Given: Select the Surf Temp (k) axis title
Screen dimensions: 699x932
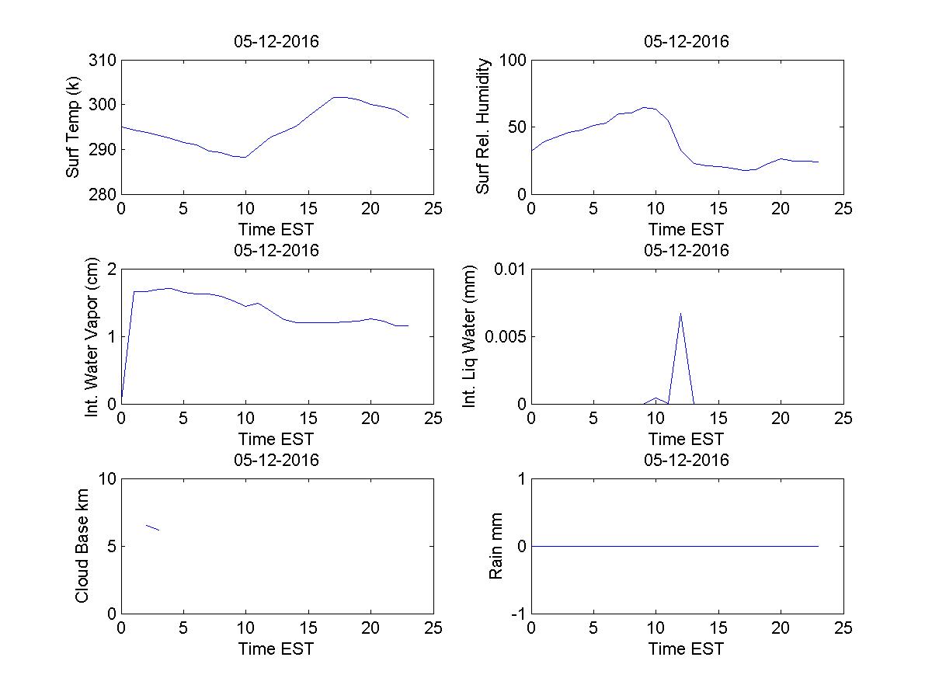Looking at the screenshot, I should click(73, 128).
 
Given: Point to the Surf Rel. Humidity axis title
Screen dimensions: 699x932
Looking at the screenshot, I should click(484, 127).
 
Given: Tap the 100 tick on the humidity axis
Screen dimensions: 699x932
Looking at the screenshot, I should click(513, 61).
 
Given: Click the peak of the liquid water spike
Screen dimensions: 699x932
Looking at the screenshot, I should click(680, 313).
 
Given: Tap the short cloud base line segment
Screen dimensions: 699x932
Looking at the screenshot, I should click(152, 527).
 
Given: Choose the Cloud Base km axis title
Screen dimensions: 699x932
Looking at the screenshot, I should click(81, 546).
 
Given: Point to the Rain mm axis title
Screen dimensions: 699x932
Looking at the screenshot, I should click(496, 546).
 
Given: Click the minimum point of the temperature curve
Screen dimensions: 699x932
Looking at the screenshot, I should click(245, 157).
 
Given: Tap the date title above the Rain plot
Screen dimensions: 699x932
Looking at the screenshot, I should click(687, 460).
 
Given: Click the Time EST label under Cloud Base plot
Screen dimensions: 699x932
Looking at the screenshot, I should click(276, 649).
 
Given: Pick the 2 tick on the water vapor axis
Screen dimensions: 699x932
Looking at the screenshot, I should click(111, 270).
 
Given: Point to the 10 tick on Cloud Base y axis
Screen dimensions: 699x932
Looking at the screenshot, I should click(107, 479).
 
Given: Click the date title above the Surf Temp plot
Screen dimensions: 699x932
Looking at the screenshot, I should click(276, 42).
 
